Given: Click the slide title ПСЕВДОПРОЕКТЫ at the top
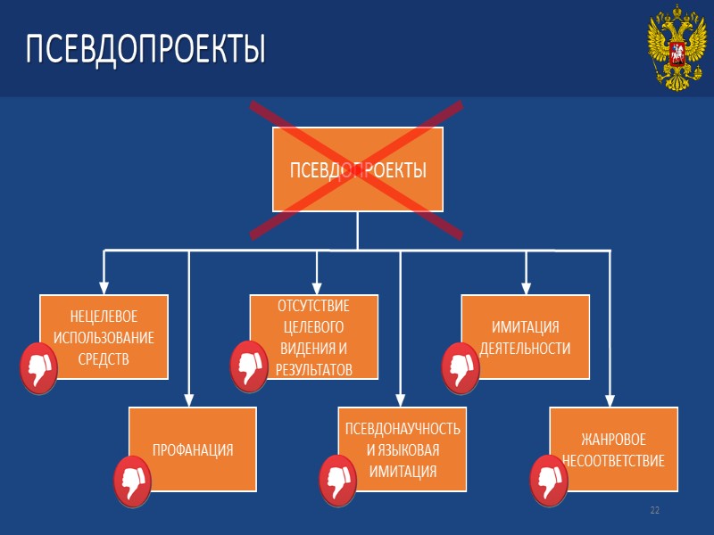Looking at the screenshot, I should [145, 49].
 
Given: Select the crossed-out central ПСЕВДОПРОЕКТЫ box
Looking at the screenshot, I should [357, 169].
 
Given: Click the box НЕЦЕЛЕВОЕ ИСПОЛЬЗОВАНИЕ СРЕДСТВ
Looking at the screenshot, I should [104, 337].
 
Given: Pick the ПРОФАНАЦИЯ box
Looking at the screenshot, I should [193, 449].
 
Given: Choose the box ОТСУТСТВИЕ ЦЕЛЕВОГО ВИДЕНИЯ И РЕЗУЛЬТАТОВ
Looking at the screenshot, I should [312, 337].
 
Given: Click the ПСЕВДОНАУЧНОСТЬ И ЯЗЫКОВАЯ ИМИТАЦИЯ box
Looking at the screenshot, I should [402, 449].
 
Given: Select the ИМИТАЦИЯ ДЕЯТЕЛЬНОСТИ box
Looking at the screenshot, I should [525, 337].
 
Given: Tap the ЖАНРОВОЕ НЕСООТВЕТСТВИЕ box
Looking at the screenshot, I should [613, 449].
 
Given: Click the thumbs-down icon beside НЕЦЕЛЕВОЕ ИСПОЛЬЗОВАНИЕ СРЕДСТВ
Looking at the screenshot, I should [38, 366].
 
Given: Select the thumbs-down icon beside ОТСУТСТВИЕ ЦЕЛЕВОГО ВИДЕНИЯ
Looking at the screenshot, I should [248, 366].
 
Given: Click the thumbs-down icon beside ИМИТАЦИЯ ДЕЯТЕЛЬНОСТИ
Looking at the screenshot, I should [461, 366].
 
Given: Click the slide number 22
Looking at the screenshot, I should [655, 510].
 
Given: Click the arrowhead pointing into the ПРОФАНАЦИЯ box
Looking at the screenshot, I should [188, 400].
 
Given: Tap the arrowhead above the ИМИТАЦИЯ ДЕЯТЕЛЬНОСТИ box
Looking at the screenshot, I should [526, 287].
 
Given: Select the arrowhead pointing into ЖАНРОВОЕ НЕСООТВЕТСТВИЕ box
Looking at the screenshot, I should [610, 400].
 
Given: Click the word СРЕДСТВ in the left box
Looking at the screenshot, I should [104, 358].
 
